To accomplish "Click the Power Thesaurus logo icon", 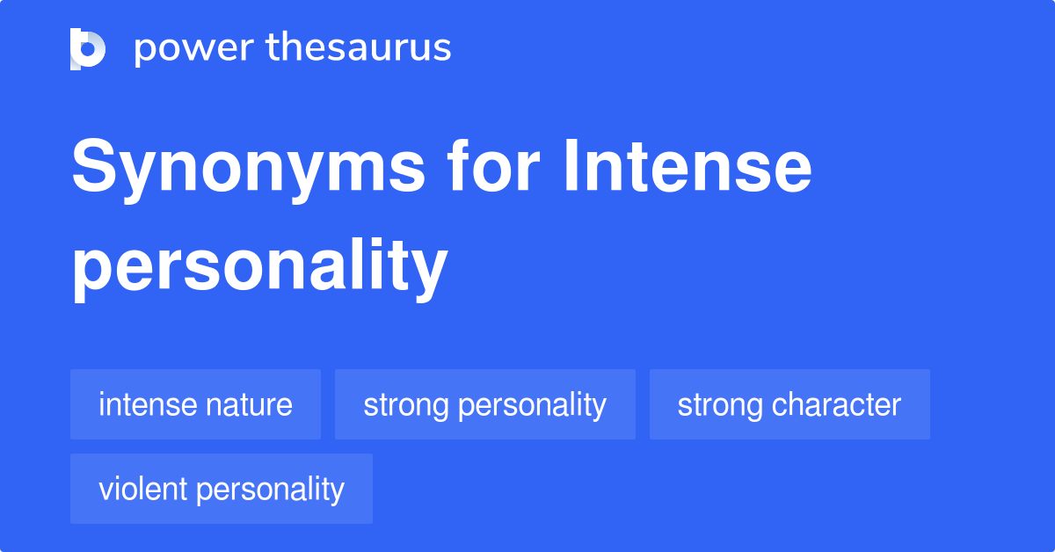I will pos(88,48).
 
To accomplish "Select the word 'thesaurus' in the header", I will pos(359,48).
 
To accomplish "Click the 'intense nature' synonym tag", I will pos(195,405).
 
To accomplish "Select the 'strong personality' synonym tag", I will pos(484,405).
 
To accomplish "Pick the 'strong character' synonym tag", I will pos(789,405).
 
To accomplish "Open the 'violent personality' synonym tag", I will pos(221,489).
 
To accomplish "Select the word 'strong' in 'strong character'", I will pos(720,405).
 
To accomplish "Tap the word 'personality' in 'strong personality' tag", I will pos(533,405).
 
